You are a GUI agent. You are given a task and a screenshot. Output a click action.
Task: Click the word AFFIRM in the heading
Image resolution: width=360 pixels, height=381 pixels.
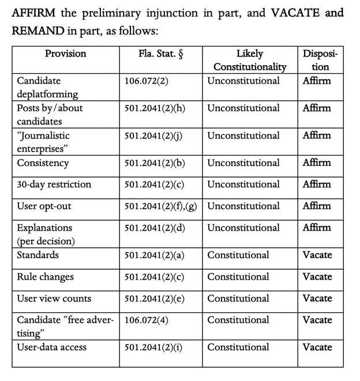pos(34,13)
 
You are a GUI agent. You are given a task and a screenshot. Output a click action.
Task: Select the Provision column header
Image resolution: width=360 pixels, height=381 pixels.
pos(65,54)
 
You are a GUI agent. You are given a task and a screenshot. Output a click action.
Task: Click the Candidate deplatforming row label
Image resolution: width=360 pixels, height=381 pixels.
pos(47,87)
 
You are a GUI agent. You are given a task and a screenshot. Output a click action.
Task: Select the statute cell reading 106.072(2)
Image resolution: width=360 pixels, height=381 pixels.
pos(147,81)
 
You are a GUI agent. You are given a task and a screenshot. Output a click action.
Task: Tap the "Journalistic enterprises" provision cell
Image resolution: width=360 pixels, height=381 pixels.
pos(43,142)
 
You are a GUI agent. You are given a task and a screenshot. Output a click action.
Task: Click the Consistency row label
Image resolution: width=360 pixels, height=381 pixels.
pos(43,163)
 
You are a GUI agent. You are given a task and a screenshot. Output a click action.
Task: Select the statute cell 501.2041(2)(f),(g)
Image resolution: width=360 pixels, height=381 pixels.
pos(162,206)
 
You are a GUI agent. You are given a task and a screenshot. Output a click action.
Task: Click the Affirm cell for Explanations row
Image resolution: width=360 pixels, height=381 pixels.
pos(317,227)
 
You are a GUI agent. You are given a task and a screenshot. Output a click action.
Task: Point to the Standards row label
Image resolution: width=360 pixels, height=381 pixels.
pos(37,255)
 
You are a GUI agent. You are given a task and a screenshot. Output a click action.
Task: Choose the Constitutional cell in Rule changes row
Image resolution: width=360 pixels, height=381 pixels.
pos(238,277)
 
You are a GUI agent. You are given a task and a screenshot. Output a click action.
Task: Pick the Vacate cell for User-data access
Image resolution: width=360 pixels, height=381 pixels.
pos(317,347)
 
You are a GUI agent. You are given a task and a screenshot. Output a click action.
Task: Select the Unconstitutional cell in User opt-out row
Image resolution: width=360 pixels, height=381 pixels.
pos(243,206)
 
